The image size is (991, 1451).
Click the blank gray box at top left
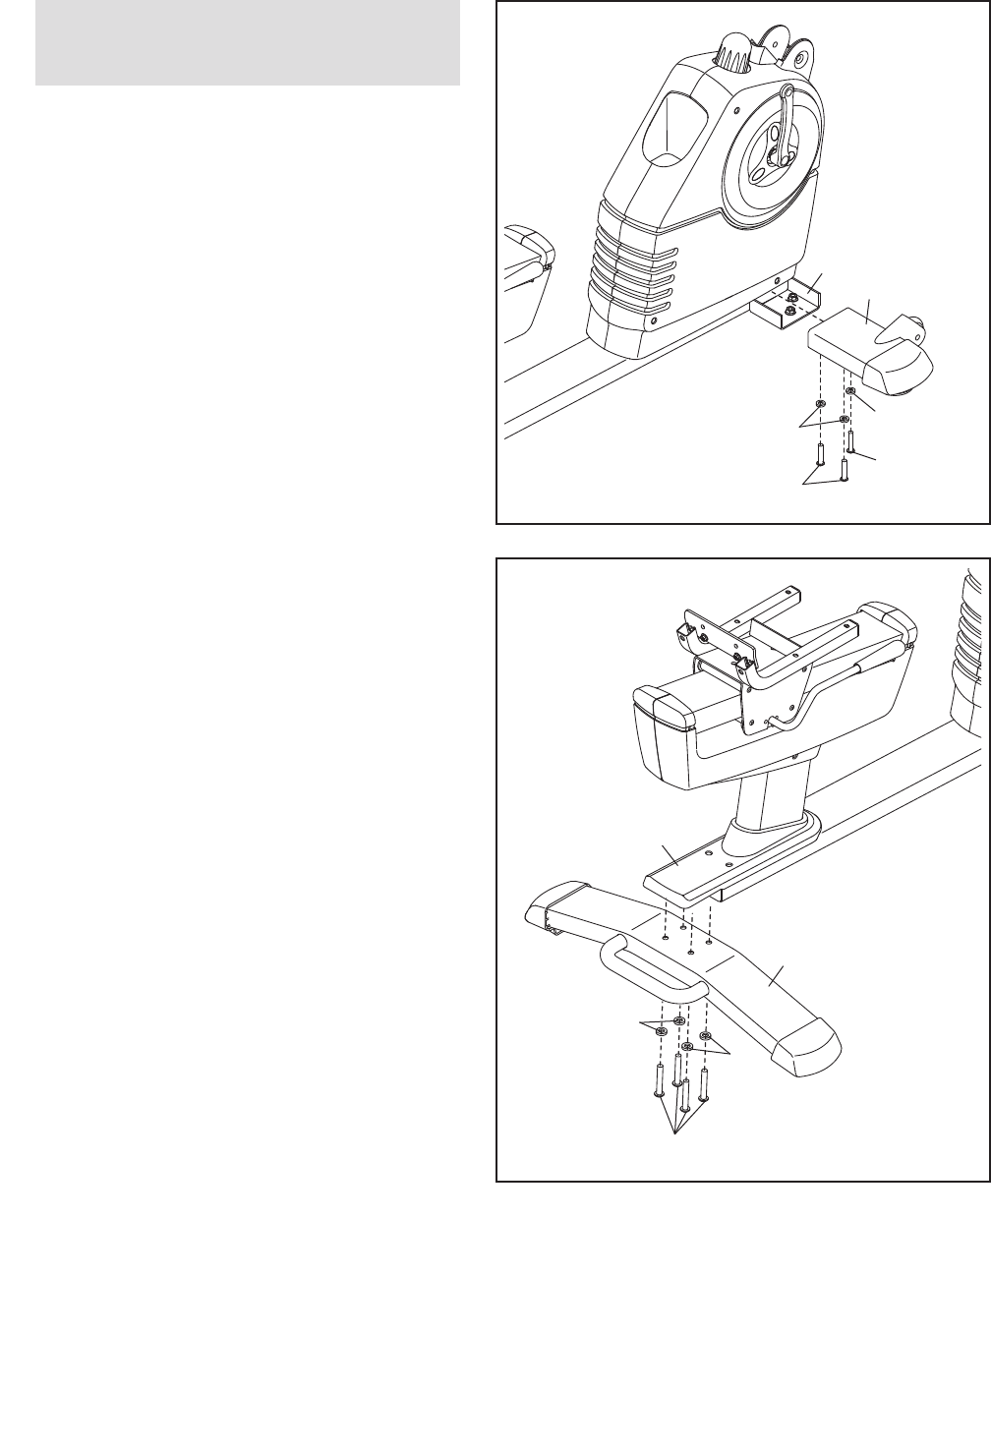point(248,42)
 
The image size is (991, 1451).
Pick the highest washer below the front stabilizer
point(850,391)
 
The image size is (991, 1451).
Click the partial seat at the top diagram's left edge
point(527,275)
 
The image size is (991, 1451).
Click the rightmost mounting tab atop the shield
point(802,57)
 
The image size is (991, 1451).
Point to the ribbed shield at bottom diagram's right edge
point(968,649)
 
